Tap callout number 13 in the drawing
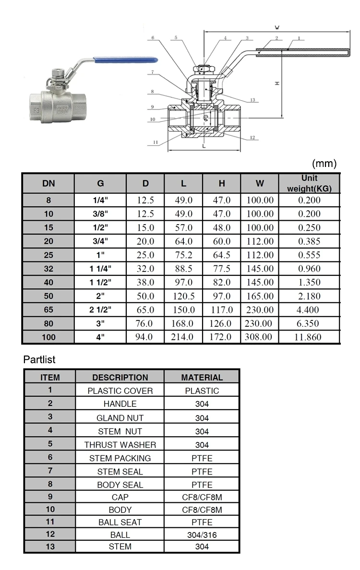(x=253, y=100)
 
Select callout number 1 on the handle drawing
(x=299, y=38)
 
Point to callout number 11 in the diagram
(x=156, y=142)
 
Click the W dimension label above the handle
(x=277, y=27)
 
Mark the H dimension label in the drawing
(x=277, y=83)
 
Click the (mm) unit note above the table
(x=324, y=164)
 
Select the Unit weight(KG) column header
(x=309, y=183)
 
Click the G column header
(x=100, y=183)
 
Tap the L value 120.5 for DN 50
(x=183, y=296)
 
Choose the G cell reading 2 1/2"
(x=100, y=310)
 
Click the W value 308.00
(x=259, y=337)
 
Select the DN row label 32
(x=48, y=269)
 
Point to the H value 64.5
(x=221, y=255)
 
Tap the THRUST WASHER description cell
(x=120, y=445)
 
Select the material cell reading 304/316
(x=202, y=534)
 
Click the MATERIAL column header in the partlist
(x=202, y=377)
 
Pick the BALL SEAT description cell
(x=120, y=522)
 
